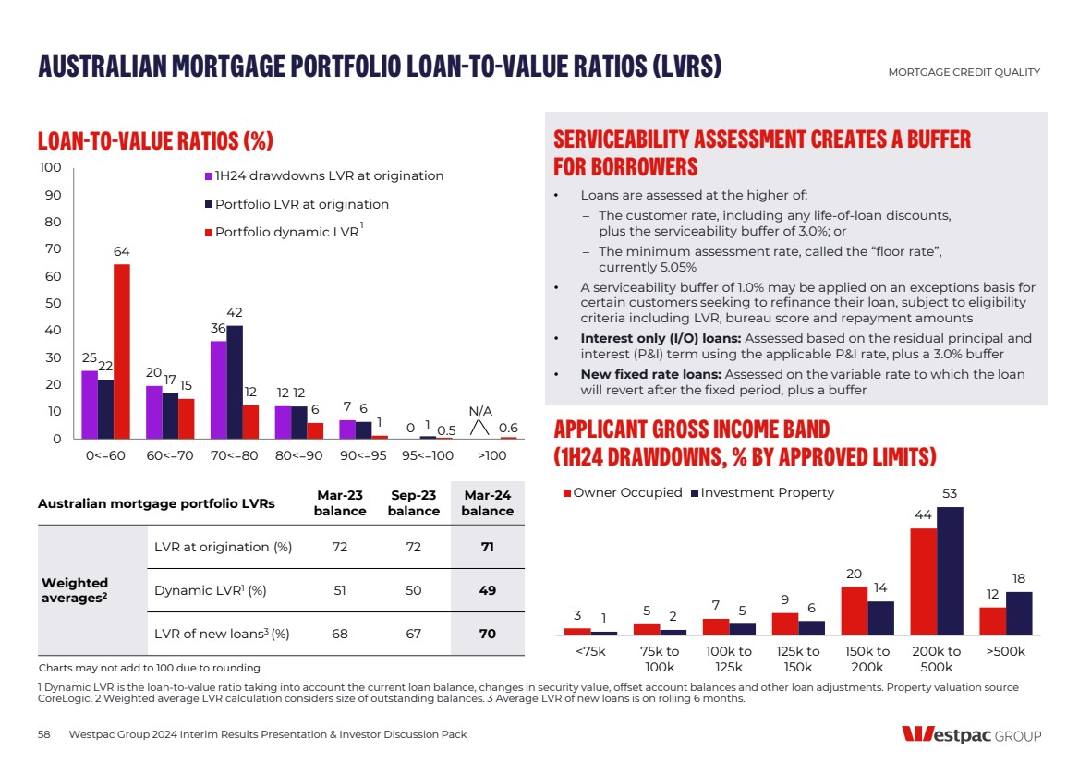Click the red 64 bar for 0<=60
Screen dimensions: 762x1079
coord(122,351)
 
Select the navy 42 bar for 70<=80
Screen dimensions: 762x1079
coord(235,381)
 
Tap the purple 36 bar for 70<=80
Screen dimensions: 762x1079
coord(218,389)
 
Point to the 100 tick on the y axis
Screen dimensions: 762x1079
coord(50,168)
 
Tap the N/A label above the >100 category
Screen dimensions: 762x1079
coord(480,411)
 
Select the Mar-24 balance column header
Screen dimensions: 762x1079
coord(487,503)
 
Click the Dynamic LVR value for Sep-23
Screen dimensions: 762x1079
coord(413,590)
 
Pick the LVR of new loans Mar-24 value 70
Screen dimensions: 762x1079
coord(487,634)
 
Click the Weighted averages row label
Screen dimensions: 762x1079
coord(75,590)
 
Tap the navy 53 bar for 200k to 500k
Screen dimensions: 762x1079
coord(950,570)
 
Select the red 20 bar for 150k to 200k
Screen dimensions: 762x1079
coord(854,610)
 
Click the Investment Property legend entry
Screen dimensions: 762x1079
coord(767,493)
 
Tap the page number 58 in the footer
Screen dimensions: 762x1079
coord(44,734)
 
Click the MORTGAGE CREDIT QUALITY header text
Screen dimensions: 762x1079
coord(964,72)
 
